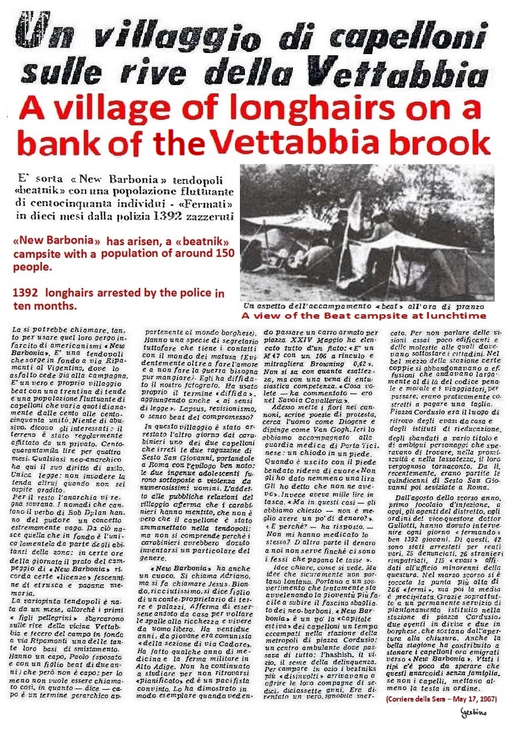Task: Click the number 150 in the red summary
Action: pos(222,253)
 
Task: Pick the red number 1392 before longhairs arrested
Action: pos(25,293)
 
